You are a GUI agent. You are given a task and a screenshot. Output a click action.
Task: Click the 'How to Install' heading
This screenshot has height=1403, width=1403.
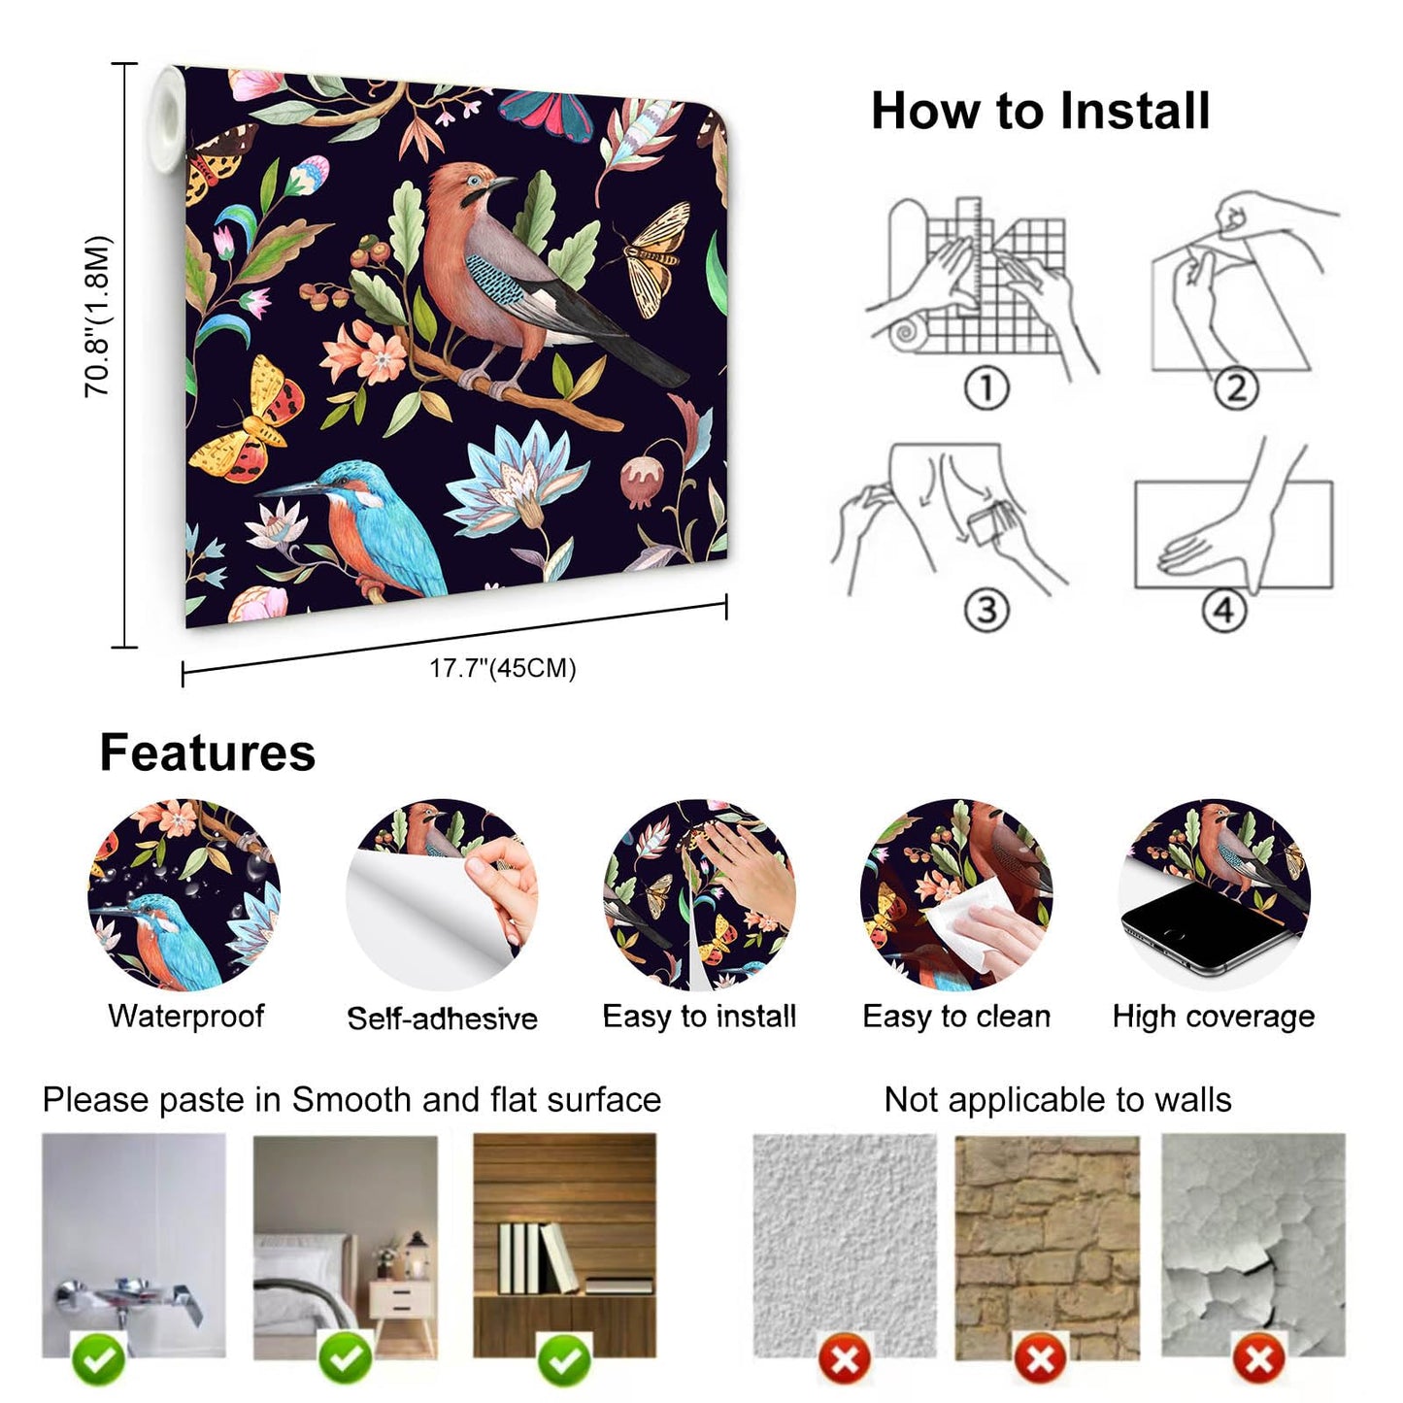pos(1040,111)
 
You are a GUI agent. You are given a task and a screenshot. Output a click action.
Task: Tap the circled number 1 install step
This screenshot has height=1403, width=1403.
pos(986,388)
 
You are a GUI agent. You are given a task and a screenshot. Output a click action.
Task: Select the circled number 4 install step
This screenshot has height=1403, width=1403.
pos(1223,611)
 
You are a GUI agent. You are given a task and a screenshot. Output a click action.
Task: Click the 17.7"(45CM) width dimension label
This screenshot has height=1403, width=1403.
pos(503,668)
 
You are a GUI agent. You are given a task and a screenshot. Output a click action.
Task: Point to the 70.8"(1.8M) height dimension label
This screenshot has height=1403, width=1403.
pos(98,317)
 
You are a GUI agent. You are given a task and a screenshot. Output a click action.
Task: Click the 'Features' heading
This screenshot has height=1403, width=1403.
pos(208,753)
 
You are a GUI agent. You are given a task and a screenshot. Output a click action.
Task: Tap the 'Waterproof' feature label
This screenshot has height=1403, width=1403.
pos(186,1017)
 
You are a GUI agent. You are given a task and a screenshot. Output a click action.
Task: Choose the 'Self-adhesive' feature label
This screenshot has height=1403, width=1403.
pos(442,1019)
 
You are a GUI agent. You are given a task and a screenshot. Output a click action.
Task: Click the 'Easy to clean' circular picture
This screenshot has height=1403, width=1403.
pos(956,894)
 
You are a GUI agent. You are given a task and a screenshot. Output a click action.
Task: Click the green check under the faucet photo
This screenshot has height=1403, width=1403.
pos(99,1359)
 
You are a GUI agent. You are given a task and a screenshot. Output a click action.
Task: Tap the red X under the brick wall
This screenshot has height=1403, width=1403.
pos(1040,1359)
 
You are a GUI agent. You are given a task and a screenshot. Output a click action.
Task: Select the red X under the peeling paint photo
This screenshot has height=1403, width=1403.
pos(1259,1359)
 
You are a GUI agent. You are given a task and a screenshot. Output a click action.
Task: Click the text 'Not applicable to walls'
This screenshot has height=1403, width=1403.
pos(1057,1100)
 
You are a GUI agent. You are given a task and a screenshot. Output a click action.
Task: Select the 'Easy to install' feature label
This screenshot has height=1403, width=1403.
pos(699,1017)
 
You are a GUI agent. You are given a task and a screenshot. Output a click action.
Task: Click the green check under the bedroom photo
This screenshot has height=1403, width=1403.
pos(346,1359)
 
